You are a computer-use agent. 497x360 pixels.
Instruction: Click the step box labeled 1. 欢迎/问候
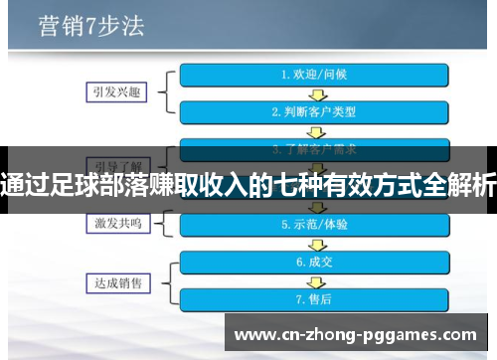tap(315, 74)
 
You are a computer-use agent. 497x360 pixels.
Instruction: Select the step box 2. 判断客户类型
tap(315, 111)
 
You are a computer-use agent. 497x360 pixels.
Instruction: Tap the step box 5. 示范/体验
tap(315, 225)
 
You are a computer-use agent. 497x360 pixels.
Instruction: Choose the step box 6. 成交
tap(315, 263)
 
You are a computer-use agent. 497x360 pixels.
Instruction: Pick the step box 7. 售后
tap(315, 298)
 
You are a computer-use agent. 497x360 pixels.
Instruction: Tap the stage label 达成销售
tap(113, 280)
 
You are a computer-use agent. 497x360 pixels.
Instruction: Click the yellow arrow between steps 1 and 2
tap(315, 92)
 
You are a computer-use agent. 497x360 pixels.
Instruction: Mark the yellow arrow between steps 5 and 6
tap(315, 244)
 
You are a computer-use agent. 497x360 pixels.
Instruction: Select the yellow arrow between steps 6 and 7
tap(315, 280)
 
